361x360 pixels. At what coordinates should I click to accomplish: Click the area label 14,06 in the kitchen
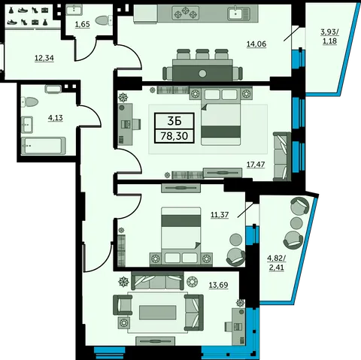(256, 44)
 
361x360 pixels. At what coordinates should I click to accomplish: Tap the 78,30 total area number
(174, 136)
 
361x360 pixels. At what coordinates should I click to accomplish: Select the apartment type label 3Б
(174, 121)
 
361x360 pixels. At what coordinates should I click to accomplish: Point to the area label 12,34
(44, 59)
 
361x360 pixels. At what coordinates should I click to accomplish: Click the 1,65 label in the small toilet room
(83, 25)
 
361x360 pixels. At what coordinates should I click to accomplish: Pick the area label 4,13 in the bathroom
(56, 118)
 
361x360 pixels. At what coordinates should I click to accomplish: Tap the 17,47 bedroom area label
(256, 165)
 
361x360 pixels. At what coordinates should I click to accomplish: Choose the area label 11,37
(220, 215)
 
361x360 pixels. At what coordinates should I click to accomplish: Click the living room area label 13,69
(219, 286)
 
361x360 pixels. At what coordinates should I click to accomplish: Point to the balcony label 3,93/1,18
(329, 36)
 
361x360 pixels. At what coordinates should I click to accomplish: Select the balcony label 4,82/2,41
(277, 263)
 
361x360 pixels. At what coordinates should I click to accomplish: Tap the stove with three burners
(186, 13)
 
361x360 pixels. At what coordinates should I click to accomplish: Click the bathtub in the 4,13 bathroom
(44, 146)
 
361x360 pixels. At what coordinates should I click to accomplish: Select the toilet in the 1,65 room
(104, 20)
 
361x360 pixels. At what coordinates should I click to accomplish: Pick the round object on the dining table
(202, 74)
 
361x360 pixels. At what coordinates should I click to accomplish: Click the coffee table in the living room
(158, 313)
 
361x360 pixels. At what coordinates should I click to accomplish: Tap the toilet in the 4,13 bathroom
(29, 101)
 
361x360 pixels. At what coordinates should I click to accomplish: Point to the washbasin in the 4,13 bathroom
(27, 125)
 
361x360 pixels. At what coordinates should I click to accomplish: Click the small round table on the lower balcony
(296, 222)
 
